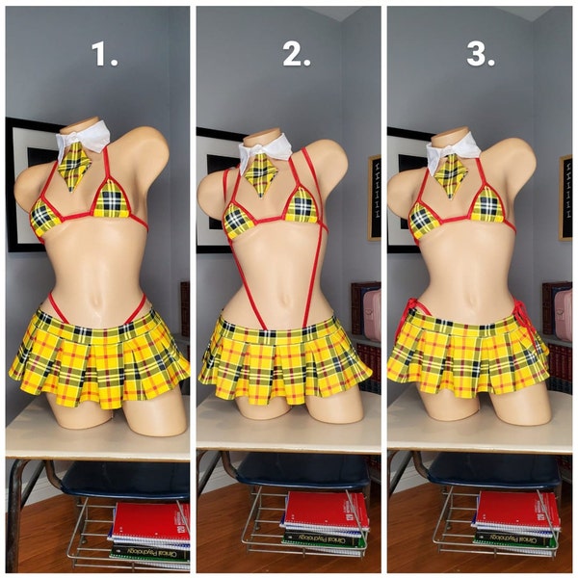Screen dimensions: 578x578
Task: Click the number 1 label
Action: coord(105,56)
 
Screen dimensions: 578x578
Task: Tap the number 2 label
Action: coord(297,56)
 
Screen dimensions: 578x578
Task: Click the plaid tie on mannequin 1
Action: coord(76,167)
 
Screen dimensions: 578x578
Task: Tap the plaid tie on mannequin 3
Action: coord(450,173)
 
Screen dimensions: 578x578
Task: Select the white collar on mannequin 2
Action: coord(264,146)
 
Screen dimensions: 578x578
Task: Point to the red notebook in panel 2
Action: coord(325,511)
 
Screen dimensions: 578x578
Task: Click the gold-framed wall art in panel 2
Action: coord(374,197)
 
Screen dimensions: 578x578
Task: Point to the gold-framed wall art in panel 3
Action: coord(565,197)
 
